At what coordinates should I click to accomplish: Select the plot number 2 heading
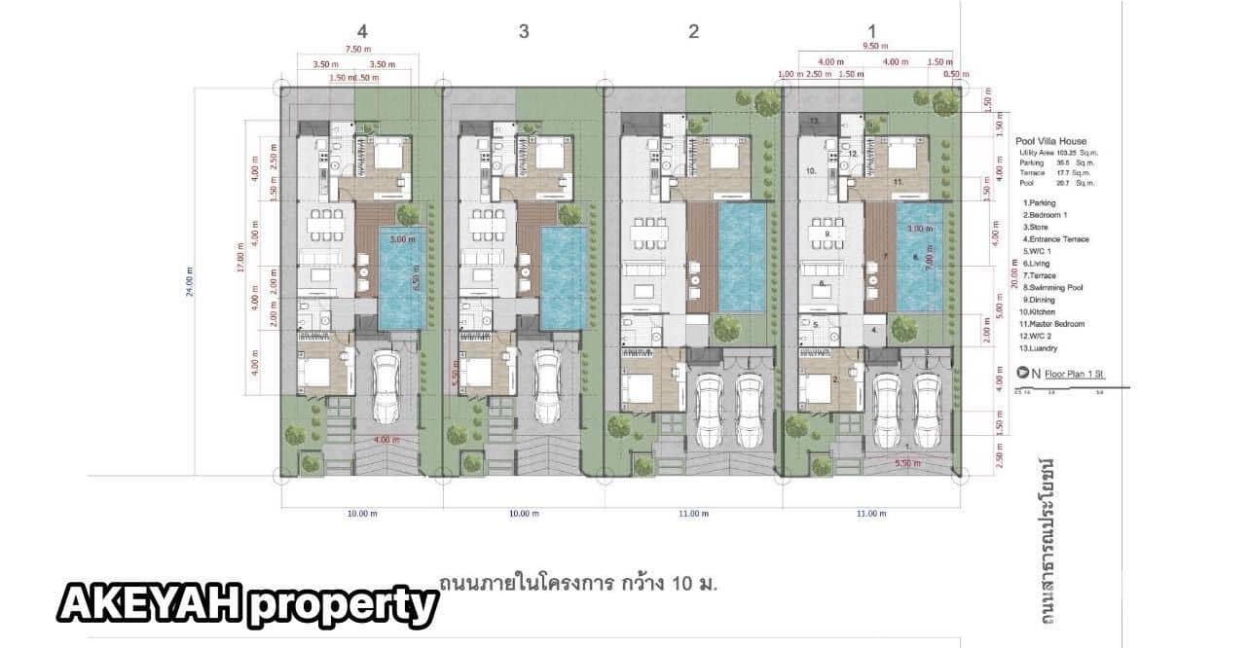693,31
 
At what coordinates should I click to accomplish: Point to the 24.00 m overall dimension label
191,281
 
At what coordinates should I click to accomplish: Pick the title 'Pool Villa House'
1050,141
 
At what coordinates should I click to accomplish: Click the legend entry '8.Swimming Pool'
1052,287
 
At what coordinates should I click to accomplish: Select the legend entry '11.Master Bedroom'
1053,324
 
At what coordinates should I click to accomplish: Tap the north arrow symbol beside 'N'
1022,372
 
